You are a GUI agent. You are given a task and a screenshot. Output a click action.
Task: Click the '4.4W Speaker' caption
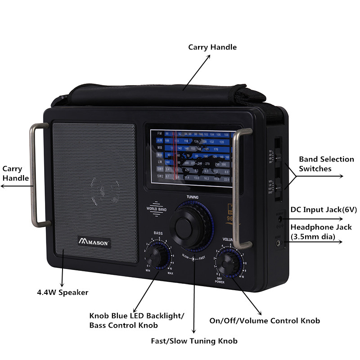(63, 292)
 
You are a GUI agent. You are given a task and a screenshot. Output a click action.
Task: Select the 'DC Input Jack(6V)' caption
(324, 210)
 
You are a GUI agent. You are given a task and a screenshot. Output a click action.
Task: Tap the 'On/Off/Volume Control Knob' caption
(265, 321)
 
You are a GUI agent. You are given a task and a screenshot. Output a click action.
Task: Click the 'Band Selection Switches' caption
(327, 164)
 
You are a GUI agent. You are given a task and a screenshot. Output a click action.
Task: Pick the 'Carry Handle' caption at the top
(212, 47)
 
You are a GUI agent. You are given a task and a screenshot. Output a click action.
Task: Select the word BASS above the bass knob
(158, 233)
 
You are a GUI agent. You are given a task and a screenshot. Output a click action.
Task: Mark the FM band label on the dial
(159, 134)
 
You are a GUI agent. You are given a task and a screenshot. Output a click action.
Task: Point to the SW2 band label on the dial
(160, 176)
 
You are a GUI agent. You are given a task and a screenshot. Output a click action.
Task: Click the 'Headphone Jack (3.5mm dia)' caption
(320, 232)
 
